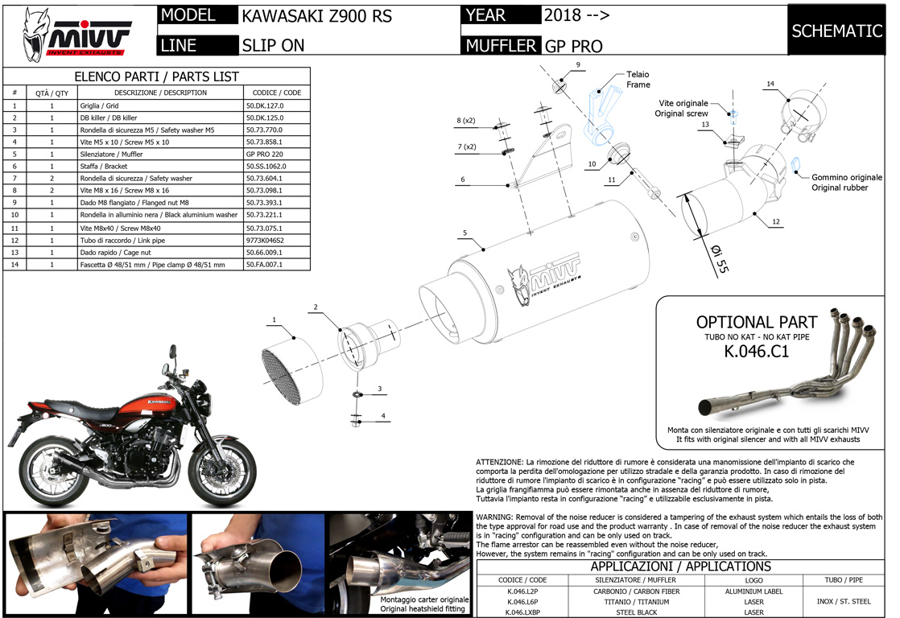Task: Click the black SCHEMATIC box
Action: (837, 31)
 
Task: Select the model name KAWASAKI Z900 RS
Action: (317, 16)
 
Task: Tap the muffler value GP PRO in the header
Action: (573, 46)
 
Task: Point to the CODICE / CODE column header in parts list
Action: (276, 93)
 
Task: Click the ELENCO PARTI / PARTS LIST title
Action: (156, 76)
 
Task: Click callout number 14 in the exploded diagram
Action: (770, 84)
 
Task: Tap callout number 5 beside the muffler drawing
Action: (465, 233)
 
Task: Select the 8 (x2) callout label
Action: (466, 121)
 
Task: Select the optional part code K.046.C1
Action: (757, 352)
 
